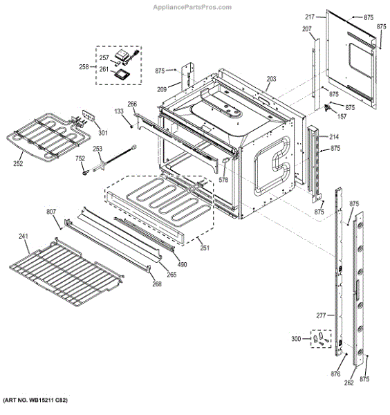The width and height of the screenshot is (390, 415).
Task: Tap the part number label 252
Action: [x=18, y=163]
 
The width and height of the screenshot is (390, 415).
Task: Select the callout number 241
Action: [x=24, y=237]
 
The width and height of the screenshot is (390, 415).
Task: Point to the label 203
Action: [x=272, y=80]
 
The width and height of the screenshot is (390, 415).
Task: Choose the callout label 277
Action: [x=321, y=316]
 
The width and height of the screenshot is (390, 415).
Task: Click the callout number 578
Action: [x=223, y=180]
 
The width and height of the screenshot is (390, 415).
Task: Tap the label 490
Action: [x=182, y=264]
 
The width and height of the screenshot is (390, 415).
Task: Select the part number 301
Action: [x=103, y=133]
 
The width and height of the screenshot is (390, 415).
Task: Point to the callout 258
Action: [x=84, y=67]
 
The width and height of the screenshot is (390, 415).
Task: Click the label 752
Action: [x=81, y=158]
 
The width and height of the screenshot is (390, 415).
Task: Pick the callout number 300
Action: [x=297, y=339]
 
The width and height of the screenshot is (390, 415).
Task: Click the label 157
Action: [x=342, y=117]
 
